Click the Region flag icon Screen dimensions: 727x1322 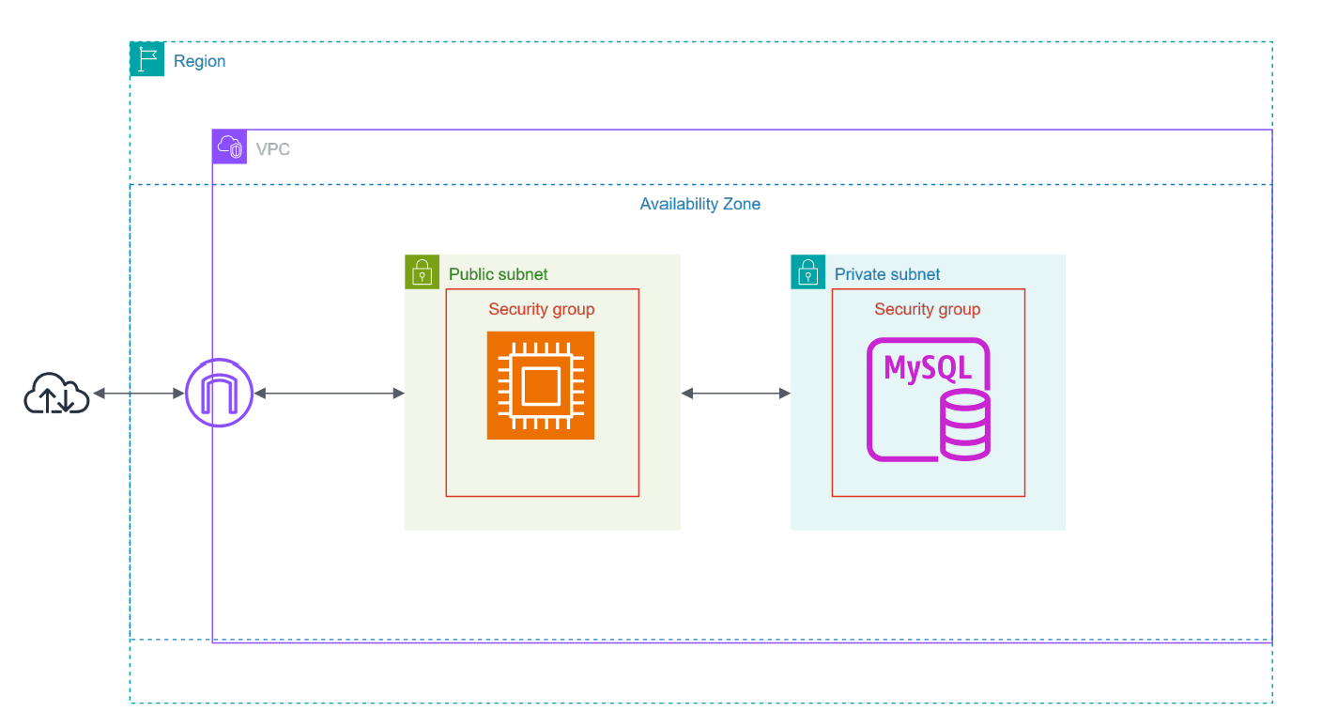click(146, 59)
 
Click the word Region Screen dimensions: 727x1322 click(199, 61)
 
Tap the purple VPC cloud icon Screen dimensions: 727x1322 click(229, 147)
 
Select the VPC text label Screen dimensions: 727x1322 click(272, 149)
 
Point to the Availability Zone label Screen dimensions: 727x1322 click(699, 204)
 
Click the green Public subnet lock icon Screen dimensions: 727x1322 click(422, 272)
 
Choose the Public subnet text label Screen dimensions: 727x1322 click(498, 274)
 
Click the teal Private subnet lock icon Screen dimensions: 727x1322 click(807, 272)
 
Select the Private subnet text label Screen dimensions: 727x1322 click(887, 274)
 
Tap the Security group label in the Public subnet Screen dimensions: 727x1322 click(541, 309)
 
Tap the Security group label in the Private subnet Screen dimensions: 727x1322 click(927, 309)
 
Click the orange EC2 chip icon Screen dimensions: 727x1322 click(541, 385)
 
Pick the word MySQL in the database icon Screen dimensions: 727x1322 click(927, 366)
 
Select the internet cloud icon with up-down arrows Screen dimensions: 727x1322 click(56, 394)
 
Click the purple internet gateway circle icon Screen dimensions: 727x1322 click(219, 393)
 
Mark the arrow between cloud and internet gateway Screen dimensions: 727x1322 click(138, 394)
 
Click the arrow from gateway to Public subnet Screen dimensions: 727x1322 click(329, 394)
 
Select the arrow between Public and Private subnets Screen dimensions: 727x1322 click(735, 394)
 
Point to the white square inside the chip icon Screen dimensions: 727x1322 click(541, 385)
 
